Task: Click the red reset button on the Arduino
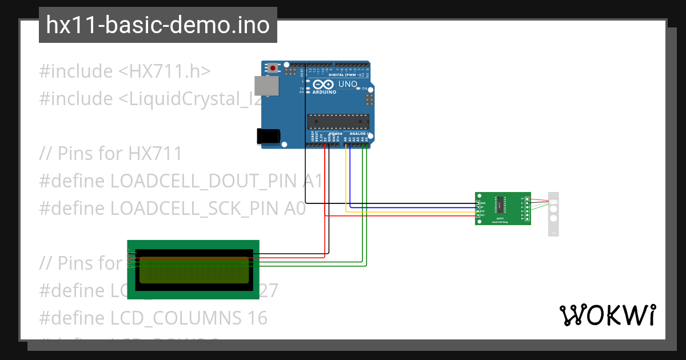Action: [x=273, y=69]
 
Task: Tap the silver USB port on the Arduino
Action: [x=266, y=86]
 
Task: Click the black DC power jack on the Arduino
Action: [x=268, y=135]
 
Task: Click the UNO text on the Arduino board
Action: [x=348, y=84]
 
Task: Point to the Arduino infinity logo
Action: [x=324, y=84]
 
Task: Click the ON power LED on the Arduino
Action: [x=358, y=89]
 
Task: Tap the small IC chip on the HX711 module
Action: [x=500, y=204]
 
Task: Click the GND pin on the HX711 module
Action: [x=478, y=203]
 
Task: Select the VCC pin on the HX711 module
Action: [x=478, y=215]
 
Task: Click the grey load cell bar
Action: [x=553, y=214]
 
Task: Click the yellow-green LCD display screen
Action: [x=194, y=270]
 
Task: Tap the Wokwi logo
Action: [x=607, y=315]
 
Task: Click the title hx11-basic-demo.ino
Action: [x=158, y=25]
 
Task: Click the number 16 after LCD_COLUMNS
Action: [x=257, y=318]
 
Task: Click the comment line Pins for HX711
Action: [x=111, y=154]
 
